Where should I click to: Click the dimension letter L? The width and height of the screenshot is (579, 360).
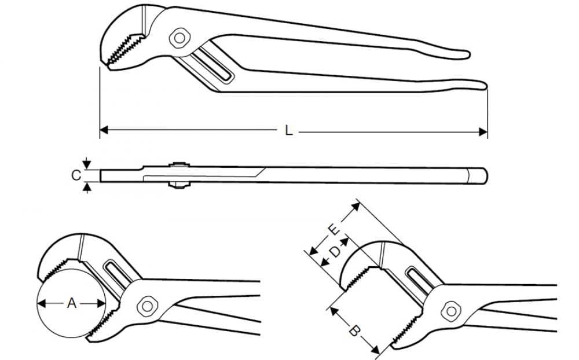289,130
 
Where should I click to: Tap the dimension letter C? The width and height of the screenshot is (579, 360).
76,175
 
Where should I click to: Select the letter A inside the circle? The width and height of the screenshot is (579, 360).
72,303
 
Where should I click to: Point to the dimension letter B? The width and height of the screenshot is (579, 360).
354,331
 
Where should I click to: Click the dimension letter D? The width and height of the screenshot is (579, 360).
335,252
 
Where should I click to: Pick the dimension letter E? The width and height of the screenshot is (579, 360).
334,230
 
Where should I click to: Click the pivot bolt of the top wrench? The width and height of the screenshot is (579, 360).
179,38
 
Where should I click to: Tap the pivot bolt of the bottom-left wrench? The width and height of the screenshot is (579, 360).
147,306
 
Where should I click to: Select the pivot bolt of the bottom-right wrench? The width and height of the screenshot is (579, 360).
451,311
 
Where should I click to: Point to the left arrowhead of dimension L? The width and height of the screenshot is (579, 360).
104,130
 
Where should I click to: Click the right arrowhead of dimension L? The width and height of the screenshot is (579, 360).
483,131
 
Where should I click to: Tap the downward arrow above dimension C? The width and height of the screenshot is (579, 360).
86,163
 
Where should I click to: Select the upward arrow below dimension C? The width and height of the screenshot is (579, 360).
87,188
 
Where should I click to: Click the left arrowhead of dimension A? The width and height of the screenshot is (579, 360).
42,303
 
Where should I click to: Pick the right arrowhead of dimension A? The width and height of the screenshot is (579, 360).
101,303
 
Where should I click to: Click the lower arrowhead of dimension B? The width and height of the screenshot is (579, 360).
376,349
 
